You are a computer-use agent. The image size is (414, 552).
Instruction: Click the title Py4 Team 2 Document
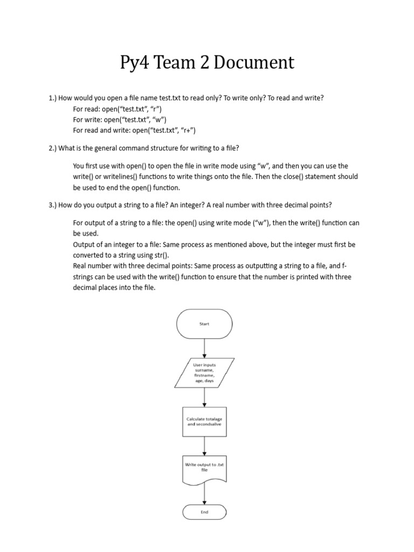(207, 63)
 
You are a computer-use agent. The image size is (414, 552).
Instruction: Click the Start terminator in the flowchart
(204, 324)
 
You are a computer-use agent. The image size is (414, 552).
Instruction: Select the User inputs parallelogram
(204, 373)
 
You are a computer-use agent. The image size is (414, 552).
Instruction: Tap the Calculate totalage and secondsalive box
(204, 422)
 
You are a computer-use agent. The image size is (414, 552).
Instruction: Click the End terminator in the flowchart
(204, 512)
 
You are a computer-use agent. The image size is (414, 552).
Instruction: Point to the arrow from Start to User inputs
(204, 348)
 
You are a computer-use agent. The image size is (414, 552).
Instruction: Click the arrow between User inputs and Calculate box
(204, 397)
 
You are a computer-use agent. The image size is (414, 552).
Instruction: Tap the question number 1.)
(52, 98)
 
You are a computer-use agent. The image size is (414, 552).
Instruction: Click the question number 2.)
(52, 148)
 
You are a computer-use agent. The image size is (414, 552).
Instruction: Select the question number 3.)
(52, 205)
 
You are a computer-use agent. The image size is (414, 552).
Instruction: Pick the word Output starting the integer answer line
(84, 244)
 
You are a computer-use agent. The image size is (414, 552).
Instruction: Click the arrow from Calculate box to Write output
(204, 445)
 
